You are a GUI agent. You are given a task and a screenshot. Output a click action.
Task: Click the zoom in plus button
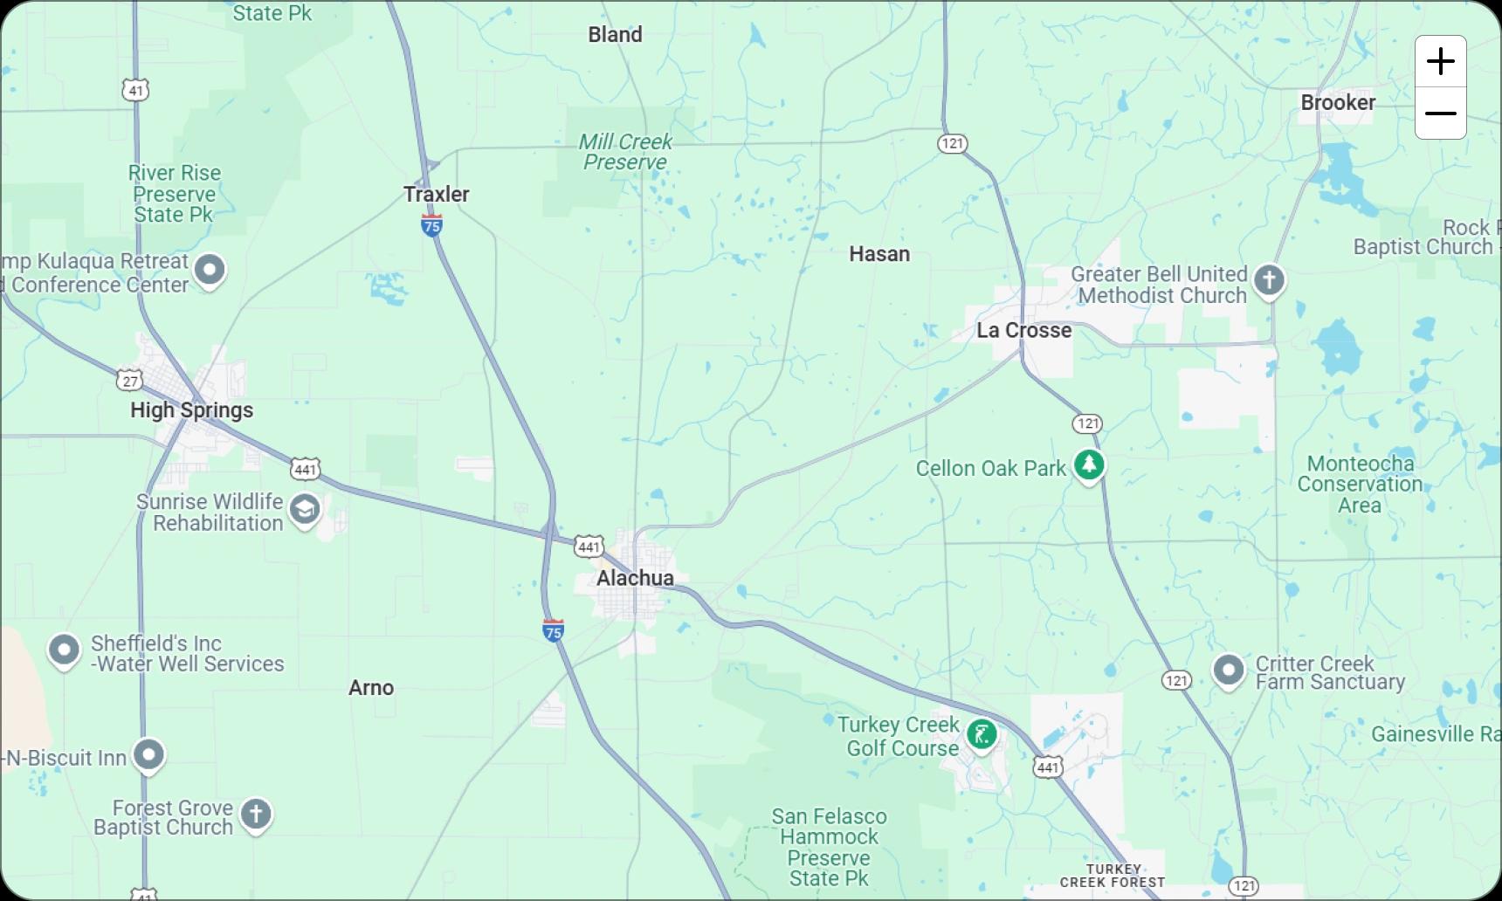(x=1440, y=61)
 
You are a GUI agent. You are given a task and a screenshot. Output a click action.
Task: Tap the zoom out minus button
(x=1440, y=113)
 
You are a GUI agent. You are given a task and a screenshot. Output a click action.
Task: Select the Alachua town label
(x=635, y=578)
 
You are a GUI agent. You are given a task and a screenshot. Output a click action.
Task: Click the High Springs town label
(x=191, y=410)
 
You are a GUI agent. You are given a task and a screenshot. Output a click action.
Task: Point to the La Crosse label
(x=1023, y=330)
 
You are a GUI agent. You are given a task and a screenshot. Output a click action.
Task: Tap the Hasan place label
(x=879, y=254)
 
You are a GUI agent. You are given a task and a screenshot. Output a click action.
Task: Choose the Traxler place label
(x=436, y=194)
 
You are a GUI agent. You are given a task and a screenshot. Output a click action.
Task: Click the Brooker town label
(x=1338, y=102)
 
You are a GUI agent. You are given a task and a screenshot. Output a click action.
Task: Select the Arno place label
(x=371, y=688)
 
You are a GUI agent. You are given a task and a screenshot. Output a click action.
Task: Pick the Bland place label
(x=615, y=35)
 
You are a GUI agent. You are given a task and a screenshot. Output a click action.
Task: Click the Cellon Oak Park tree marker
(x=1088, y=464)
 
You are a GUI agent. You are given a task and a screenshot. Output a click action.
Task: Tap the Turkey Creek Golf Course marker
(x=982, y=734)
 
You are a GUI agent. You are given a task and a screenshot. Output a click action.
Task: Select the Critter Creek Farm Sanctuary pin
(x=1228, y=671)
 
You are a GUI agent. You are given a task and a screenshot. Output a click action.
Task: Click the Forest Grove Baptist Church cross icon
(x=256, y=815)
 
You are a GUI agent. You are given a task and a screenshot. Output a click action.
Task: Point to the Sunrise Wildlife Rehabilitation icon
(x=305, y=510)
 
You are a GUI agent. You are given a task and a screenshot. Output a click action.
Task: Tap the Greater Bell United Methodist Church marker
(x=1269, y=281)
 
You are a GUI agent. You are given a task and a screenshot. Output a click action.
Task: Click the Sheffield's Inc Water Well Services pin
(x=64, y=650)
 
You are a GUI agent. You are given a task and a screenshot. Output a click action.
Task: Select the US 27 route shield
(x=129, y=381)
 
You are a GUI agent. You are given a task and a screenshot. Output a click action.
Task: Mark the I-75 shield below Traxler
(x=431, y=226)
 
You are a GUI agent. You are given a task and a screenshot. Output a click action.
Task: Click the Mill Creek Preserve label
(x=625, y=152)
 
